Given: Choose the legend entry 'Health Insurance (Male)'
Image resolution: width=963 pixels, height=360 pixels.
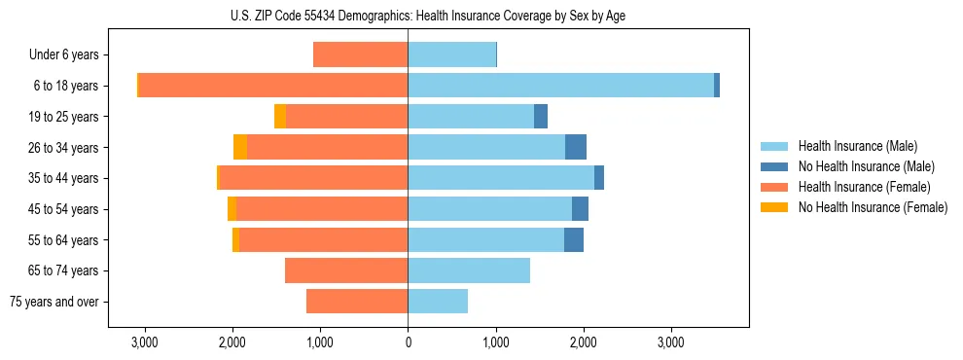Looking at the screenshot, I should pyautogui.click(x=857, y=146).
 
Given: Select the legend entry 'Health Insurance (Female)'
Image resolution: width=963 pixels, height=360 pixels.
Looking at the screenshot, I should pyautogui.click(x=864, y=187).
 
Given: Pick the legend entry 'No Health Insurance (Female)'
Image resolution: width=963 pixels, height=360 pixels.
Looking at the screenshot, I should pyautogui.click(x=873, y=207).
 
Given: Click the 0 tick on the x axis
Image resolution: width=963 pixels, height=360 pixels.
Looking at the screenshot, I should pyautogui.click(x=408, y=342).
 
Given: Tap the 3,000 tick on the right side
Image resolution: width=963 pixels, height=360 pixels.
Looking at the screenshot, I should pyautogui.click(x=671, y=342).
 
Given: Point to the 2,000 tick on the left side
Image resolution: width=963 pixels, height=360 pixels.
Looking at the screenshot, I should pyautogui.click(x=232, y=342).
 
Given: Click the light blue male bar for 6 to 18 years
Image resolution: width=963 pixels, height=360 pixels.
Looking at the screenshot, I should pyautogui.click(x=560, y=86).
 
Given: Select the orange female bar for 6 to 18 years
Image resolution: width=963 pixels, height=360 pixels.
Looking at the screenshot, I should pyautogui.click(x=273, y=86).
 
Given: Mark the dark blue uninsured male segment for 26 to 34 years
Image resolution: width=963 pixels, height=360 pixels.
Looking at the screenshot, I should pyautogui.click(x=576, y=147).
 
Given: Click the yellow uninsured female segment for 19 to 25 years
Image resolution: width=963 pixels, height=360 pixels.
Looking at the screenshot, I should pyautogui.click(x=280, y=117).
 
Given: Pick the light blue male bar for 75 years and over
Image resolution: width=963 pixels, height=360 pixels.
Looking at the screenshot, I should pyautogui.click(x=438, y=302).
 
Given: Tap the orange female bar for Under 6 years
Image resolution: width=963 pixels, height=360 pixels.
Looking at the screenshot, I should pyautogui.click(x=360, y=54).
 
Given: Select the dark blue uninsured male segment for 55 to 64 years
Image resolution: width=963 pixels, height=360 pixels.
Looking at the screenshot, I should pyautogui.click(x=574, y=239).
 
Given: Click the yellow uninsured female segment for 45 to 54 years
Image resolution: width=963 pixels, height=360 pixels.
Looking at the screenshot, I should pyautogui.click(x=232, y=209).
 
